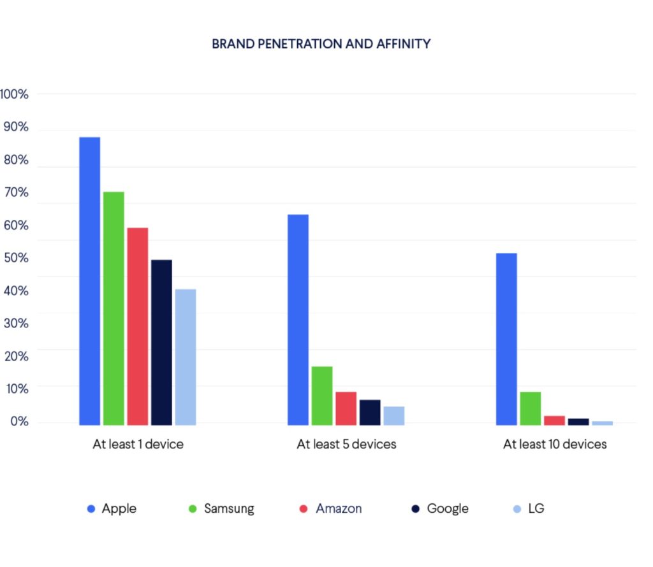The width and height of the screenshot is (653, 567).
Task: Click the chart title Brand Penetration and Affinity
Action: (321, 44)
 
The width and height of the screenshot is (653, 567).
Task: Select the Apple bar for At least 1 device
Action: (89, 280)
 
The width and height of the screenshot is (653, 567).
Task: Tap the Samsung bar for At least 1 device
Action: (114, 308)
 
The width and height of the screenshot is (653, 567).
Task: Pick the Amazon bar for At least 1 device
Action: (138, 326)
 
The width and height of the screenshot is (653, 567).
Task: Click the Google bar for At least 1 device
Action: (161, 341)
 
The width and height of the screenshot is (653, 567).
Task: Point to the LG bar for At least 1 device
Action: (186, 357)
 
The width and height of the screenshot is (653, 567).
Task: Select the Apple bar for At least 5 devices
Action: (298, 319)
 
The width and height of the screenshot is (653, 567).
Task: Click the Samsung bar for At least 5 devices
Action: (322, 395)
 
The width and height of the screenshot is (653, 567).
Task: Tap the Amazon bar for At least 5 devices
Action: (346, 408)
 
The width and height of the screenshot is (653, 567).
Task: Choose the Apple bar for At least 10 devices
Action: (506, 338)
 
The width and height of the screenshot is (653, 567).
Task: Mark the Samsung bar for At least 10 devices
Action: (531, 408)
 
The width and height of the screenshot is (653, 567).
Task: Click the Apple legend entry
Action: (112, 508)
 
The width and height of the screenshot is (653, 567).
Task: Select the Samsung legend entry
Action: (223, 508)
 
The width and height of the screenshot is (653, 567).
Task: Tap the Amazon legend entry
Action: (331, 508)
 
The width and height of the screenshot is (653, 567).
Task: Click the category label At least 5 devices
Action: (346, 444)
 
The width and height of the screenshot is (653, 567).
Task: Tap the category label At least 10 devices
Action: (555, 444)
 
